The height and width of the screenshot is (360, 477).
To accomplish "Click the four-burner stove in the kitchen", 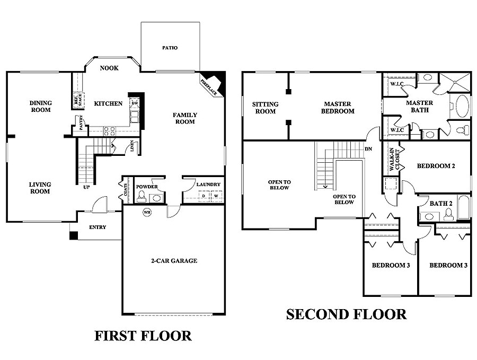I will pyautogui.click(x=109, y=131).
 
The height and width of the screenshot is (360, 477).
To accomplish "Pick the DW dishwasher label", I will pyautogui.click(x=135, y=103).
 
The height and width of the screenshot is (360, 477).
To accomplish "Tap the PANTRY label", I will pyautogui.click(x=81, y=122).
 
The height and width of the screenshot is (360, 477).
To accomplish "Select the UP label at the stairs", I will pyautogui.click(x=86, y=187).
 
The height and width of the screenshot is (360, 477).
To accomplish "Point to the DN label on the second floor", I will pyautogui.click(x=368, y=149).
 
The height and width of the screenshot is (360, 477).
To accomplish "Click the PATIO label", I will pyautogui.click(x=170, y=48).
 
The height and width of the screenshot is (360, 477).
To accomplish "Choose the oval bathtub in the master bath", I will pyautogui.click(x=461, y=106).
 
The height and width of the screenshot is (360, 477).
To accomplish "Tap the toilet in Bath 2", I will pyautogui.click(x=449, y=214).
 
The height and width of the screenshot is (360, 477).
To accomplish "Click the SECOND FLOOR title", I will pyautogui.click(x=346, y=314).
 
